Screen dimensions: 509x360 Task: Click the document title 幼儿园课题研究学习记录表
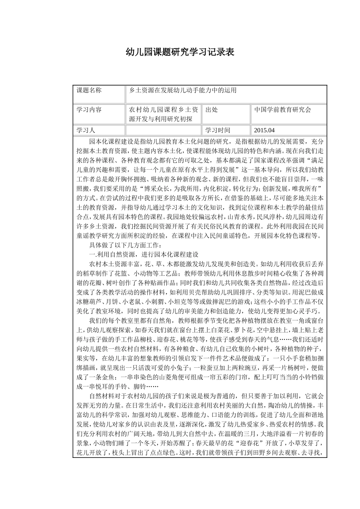[180, 52]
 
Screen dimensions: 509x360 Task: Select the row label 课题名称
[89, 90]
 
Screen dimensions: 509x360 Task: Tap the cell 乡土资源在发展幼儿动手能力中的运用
[183, 90]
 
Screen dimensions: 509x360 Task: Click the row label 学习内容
[89, 110]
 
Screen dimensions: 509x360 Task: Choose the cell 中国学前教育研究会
[282, 110]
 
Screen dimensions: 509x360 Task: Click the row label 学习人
[86, 130]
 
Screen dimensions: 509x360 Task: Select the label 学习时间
[218, 130]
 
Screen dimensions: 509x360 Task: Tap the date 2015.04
[264, 130]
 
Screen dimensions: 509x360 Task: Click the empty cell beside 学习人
[164, 130]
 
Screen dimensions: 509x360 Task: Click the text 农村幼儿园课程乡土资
[164, 110]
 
